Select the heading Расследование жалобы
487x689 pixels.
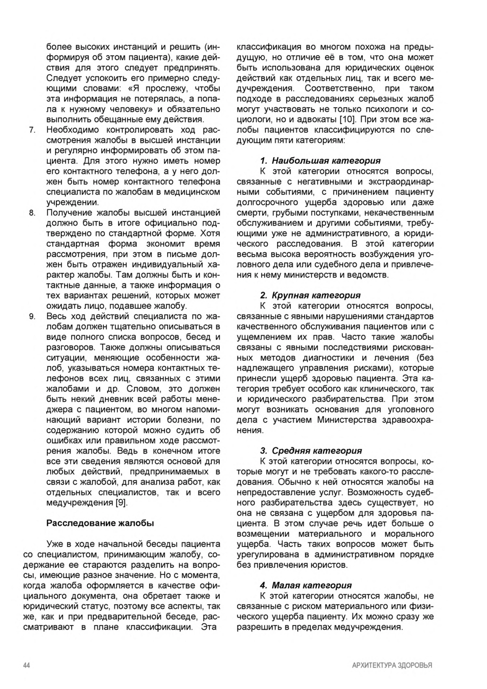point(100,523)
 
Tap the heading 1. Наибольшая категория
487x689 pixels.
point(320,161)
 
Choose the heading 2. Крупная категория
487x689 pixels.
point(310,295)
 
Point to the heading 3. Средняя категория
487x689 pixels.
point(311,451)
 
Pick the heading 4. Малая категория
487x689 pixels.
point(306,585)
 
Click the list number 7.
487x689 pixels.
point(32,130)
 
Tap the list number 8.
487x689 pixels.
point(32,213)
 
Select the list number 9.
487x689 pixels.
point(32,316)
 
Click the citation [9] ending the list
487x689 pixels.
point(121,503)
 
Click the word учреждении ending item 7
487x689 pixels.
point(72,202)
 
